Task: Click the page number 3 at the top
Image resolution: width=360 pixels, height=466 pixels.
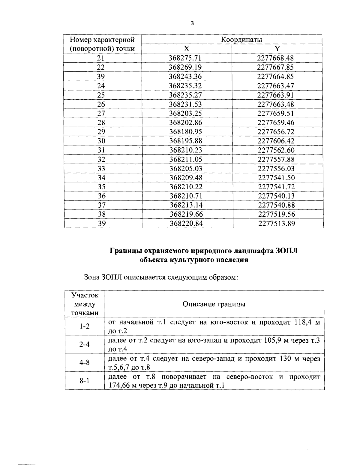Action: point(192,23)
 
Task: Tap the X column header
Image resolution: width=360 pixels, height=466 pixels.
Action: point(187,49)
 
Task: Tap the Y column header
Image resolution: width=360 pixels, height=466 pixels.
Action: point(277,49)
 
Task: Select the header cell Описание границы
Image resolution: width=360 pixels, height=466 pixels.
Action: point(214,304)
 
